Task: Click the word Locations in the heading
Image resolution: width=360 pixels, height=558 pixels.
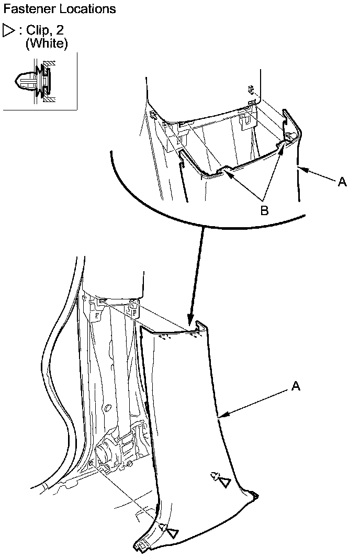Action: pos(84,9)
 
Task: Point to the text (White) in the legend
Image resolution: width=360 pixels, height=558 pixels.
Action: pos(47,43)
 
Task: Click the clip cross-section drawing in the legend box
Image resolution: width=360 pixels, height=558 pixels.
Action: pos(34,81)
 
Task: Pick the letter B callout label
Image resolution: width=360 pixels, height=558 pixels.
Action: pos(265,210)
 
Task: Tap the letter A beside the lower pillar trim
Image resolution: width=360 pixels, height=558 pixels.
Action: pos(295,386)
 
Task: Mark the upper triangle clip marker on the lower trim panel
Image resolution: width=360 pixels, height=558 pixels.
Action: pos(224,482)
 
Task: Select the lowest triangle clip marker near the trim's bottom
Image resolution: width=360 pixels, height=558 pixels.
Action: pos(172,532)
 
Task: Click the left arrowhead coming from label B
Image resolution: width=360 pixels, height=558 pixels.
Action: pos(227,173)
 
